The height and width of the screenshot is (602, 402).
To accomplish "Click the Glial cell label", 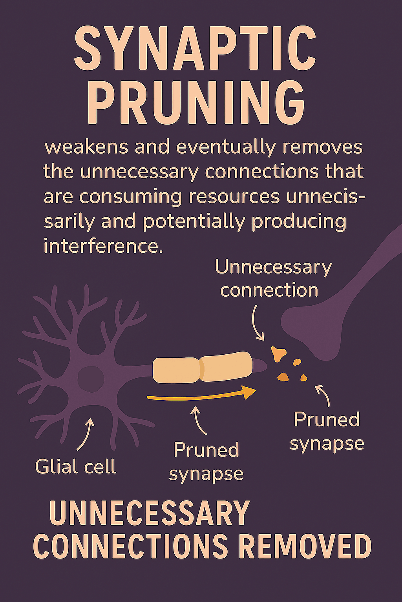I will [x=75, y=467].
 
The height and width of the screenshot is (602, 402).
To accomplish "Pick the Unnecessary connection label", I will [x=273, y=279].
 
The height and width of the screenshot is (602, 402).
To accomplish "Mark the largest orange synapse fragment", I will [x=278, y=353].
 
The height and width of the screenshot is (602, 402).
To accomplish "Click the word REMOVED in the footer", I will [x=305, y=546].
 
